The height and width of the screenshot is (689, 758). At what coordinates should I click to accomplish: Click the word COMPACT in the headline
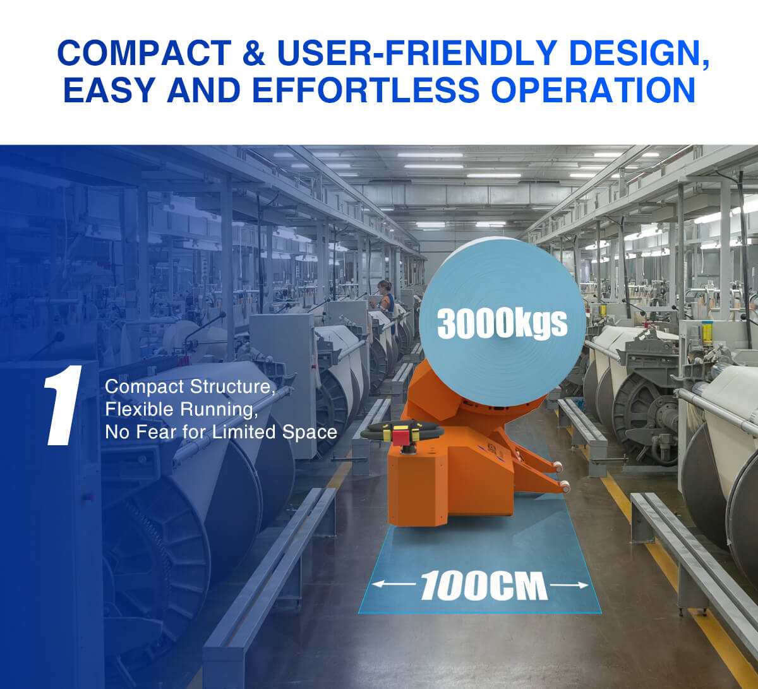144,52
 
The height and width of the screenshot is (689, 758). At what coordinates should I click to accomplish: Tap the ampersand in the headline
254,52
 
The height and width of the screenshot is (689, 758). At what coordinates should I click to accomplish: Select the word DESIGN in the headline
639,53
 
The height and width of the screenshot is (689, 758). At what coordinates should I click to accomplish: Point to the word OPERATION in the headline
593,90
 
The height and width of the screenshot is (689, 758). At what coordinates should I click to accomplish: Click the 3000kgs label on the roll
502,323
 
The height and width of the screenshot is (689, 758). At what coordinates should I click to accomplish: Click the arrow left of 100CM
394,584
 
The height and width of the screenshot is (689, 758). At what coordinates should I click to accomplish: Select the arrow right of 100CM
569,585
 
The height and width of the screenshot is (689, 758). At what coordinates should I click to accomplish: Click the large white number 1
63,405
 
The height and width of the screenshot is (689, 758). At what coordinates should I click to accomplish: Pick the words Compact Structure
189,386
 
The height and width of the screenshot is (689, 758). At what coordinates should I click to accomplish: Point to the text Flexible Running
181,409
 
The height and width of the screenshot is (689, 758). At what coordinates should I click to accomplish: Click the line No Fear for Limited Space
221,432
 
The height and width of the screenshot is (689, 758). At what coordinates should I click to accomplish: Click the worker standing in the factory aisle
385,298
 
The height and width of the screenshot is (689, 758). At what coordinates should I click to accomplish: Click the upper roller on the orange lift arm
558,467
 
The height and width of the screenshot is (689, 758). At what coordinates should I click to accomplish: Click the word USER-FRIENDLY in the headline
417,52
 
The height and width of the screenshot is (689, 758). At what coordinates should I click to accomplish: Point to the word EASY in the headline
109,90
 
